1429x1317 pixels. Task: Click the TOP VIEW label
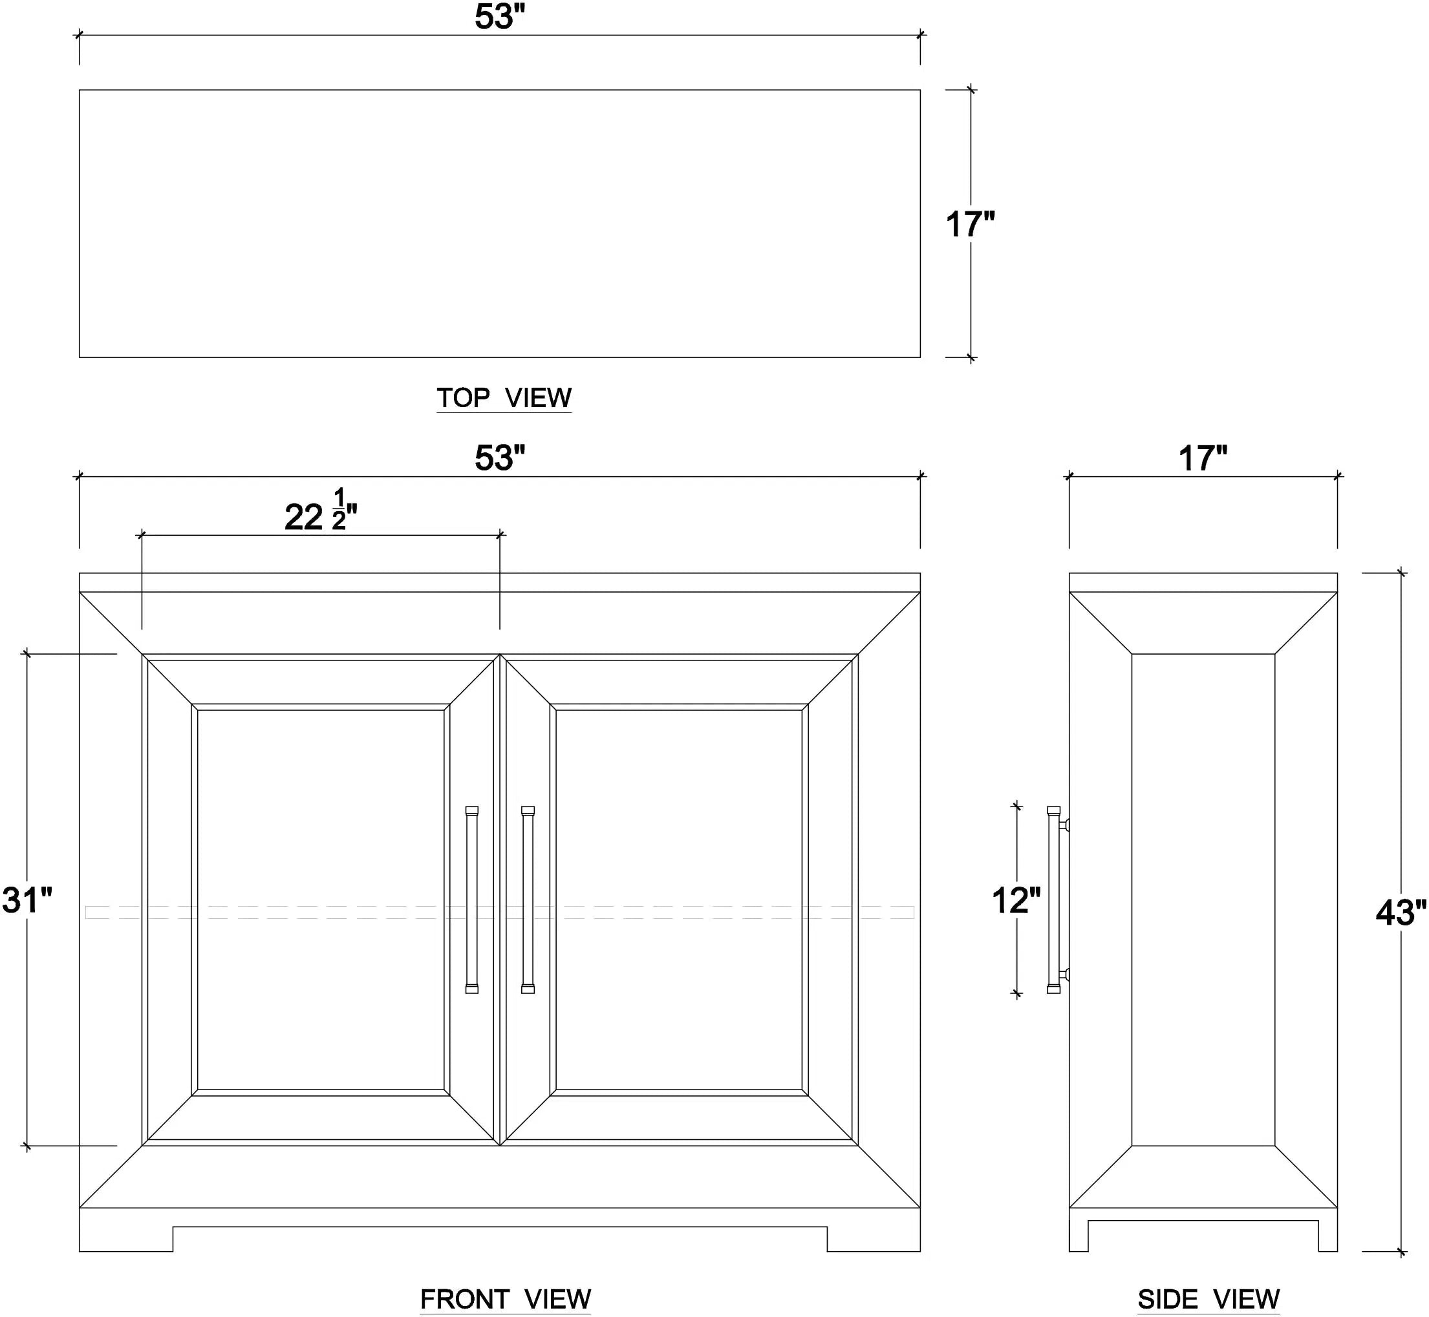(x=504, y=397)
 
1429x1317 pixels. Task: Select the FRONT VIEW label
(x=506, y=1298)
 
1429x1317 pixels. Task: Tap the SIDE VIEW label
(x=1209, y=1298)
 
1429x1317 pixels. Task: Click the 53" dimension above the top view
(x=500, y=17)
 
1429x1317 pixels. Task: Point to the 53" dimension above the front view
(x=500, y=458)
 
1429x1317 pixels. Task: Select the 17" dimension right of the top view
(x=970, y=224)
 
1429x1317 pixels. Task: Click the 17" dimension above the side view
(x=1203, y=458)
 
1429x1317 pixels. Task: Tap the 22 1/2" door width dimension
(x=321, y=511)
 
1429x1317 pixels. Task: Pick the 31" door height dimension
(x=27, y=900)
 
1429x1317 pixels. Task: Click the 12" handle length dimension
(x=1016, y=900)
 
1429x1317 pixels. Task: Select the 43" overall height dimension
(x=1401, y=913)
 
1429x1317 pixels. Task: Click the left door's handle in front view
(x=472, y=900)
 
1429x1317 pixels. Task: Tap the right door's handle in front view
(x=528, y=900)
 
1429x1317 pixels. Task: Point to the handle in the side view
(x=1055, y=900)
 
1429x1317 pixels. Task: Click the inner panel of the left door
(x=321, y=900)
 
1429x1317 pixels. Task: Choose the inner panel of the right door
(x=679, y=900)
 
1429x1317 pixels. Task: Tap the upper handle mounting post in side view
(x=1064, y=825)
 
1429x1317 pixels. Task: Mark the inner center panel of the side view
(x=1203, y=900)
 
